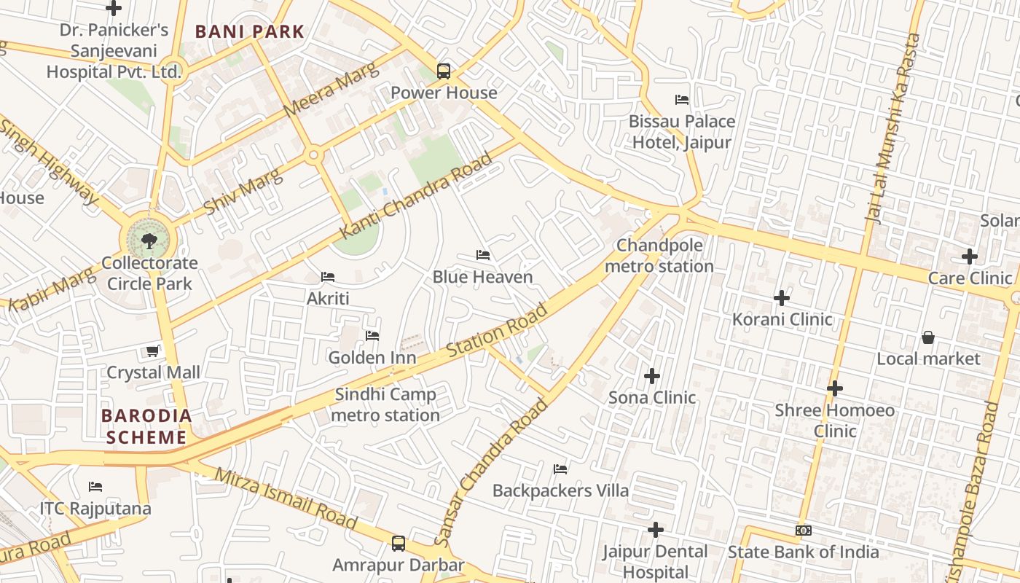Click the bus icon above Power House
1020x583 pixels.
click(443, 71)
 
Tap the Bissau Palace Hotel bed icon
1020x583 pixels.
click(682, 100)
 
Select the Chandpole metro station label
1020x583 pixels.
click(659, 256)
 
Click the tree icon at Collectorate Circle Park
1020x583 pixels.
click(149, 240)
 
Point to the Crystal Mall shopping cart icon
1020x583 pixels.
click(153, 351)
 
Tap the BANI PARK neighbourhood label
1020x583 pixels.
click(249, 32)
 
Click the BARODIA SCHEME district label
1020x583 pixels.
click(146, 426)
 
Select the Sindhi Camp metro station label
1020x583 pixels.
click(386, 404)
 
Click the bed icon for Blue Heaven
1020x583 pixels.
click(482, 255)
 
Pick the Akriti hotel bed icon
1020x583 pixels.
click(328, 277)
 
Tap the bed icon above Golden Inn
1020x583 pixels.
click(372, 336)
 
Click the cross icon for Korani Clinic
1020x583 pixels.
click(782, 298)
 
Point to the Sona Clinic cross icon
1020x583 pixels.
click(652, 376)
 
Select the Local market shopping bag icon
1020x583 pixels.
click(928, 337)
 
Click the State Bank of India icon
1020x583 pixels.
click(804, 531)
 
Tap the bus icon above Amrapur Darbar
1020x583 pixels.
click(398, 543)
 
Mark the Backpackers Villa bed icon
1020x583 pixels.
click(560, 469)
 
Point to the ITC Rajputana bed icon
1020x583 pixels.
click(95, 487)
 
